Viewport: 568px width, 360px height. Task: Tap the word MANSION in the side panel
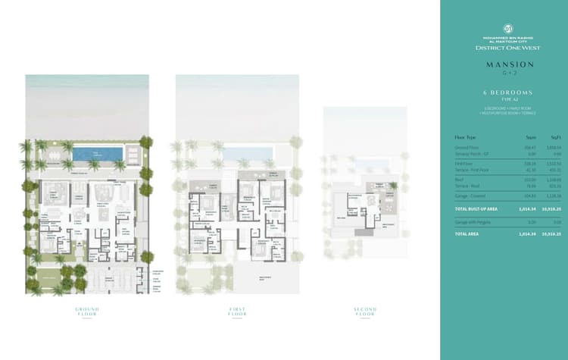504,64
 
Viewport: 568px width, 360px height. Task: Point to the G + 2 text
504,74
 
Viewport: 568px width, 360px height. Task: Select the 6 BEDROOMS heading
504,92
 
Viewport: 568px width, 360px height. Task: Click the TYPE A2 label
504,99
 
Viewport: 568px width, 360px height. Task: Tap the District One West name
504,48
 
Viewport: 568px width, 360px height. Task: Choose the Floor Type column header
464,137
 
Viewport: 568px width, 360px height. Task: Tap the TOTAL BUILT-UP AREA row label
476,208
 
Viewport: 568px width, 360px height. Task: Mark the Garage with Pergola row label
470,221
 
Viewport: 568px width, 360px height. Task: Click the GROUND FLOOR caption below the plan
87,311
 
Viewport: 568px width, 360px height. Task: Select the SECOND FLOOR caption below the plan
365,311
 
